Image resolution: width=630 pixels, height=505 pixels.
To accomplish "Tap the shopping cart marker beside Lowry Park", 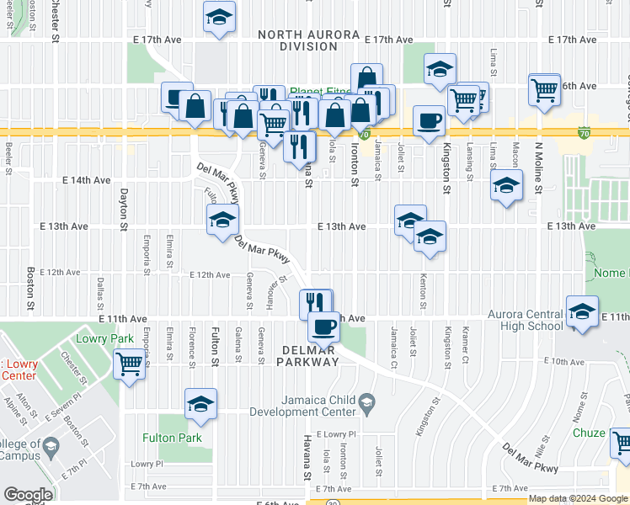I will click(129, 365).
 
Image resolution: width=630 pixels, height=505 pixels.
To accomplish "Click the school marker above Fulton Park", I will click(201, 405).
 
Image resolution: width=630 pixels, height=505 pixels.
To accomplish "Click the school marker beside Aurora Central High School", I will click(581, 313).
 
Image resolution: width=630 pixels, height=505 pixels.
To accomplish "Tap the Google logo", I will click(28, 495).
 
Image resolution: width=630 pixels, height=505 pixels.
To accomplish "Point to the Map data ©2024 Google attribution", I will click(578, 498).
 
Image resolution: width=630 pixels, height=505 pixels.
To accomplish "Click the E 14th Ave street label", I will click(88, 180).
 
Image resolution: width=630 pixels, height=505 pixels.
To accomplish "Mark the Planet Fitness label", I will click(320, 92).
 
